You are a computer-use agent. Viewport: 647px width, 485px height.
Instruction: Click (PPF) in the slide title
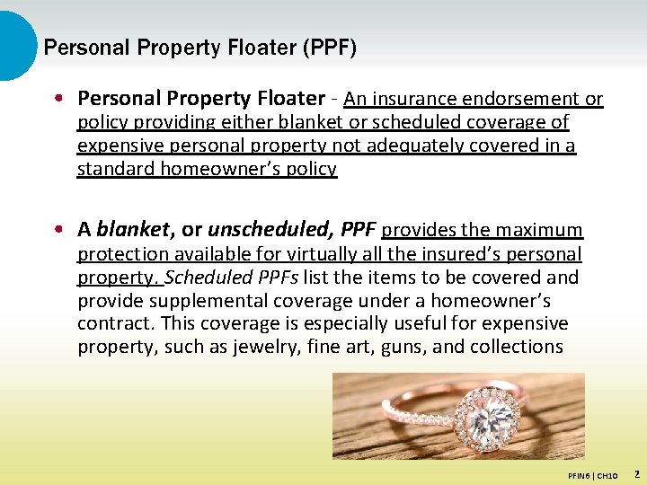tap(329, 48)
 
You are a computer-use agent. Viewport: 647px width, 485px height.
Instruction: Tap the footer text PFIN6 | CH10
tap(592, 474)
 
